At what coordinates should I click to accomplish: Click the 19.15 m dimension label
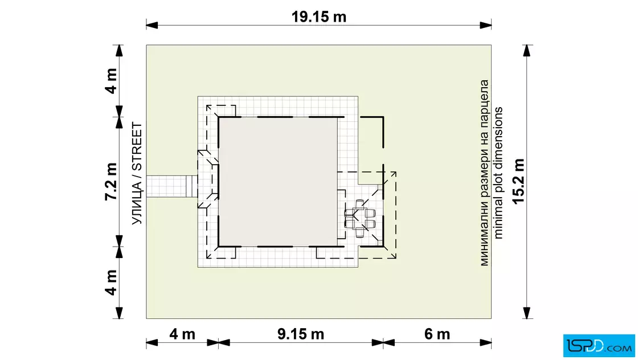[318, 17]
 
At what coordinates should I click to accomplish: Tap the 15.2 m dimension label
[518, 181]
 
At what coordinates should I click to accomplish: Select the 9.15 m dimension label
[301, 334]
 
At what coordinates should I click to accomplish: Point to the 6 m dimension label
[437, 334]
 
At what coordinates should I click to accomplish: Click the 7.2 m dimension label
[111, 181]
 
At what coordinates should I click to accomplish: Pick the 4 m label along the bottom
[182, 334]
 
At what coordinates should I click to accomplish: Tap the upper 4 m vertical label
[111, 81]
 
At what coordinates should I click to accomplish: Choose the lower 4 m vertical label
[111, 283]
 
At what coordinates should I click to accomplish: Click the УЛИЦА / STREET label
[137, 173]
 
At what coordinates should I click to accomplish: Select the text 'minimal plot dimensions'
[498, 173]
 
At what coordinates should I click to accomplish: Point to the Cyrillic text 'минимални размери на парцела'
[484, 173]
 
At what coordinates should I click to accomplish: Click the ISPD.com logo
[599, 346]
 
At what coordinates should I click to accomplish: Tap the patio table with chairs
[359, 218]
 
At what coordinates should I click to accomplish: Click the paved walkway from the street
[171, 186]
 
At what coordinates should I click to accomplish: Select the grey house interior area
[278, 182]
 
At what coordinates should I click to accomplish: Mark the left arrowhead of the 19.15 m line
[152, 25]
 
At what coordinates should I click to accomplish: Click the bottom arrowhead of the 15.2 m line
[527, 313]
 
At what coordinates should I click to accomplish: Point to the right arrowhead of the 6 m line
[485, 342]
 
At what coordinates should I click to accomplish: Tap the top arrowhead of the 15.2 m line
[527, 51]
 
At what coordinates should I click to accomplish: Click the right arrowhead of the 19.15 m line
[485, 25]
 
